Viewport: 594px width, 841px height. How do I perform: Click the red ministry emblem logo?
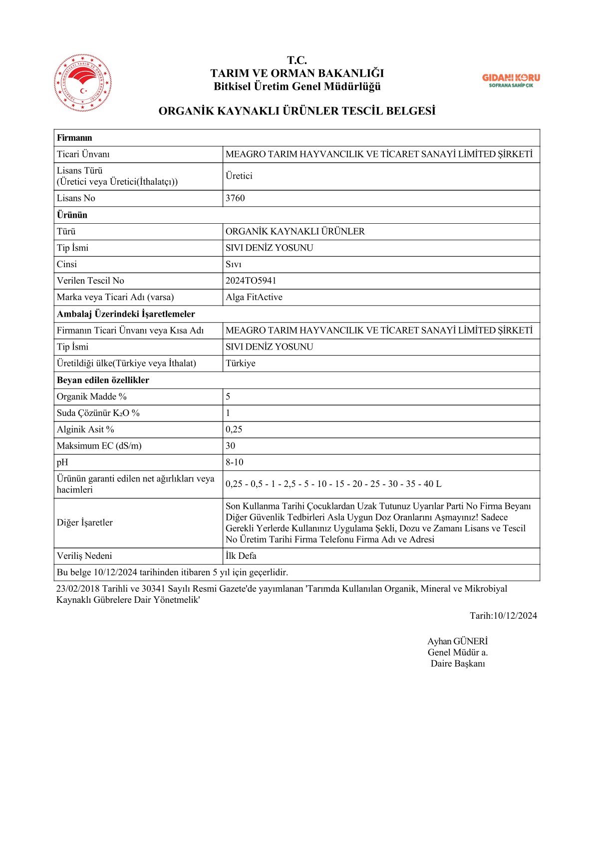pos(82,82)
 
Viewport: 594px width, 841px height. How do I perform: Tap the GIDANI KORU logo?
pos(511,80)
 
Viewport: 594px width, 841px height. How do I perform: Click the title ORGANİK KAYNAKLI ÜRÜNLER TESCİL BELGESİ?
pos(297,111)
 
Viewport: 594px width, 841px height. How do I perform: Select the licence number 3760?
pos(235,198)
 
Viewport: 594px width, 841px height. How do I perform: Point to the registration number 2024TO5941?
pos(251,281)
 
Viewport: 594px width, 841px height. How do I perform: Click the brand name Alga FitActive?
pos(254,297)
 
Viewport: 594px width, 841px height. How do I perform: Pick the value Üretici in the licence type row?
pos(239,176)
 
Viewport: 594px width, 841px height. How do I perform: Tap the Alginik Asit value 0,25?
pos(234,429)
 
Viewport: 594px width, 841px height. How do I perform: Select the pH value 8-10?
pos(234,462)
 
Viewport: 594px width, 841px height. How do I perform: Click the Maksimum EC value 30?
pos(230,446)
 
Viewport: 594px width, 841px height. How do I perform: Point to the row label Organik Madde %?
pos(91,397)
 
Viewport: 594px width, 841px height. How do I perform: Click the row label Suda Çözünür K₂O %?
pos(98,413)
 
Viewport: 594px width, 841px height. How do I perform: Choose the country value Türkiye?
pos(240,363)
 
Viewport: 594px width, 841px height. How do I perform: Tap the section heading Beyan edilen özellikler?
pos(103,380)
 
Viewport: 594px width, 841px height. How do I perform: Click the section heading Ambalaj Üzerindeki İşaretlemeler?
pos(126,314)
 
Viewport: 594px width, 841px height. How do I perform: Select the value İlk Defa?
pos(241,556)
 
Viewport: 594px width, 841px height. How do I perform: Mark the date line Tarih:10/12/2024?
pos(503,616)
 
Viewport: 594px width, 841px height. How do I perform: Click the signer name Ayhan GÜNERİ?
pos(457,641)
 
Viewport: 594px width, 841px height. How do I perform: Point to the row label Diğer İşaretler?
pos(84,522)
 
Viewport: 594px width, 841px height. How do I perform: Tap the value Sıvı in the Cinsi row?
pos(233,264)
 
